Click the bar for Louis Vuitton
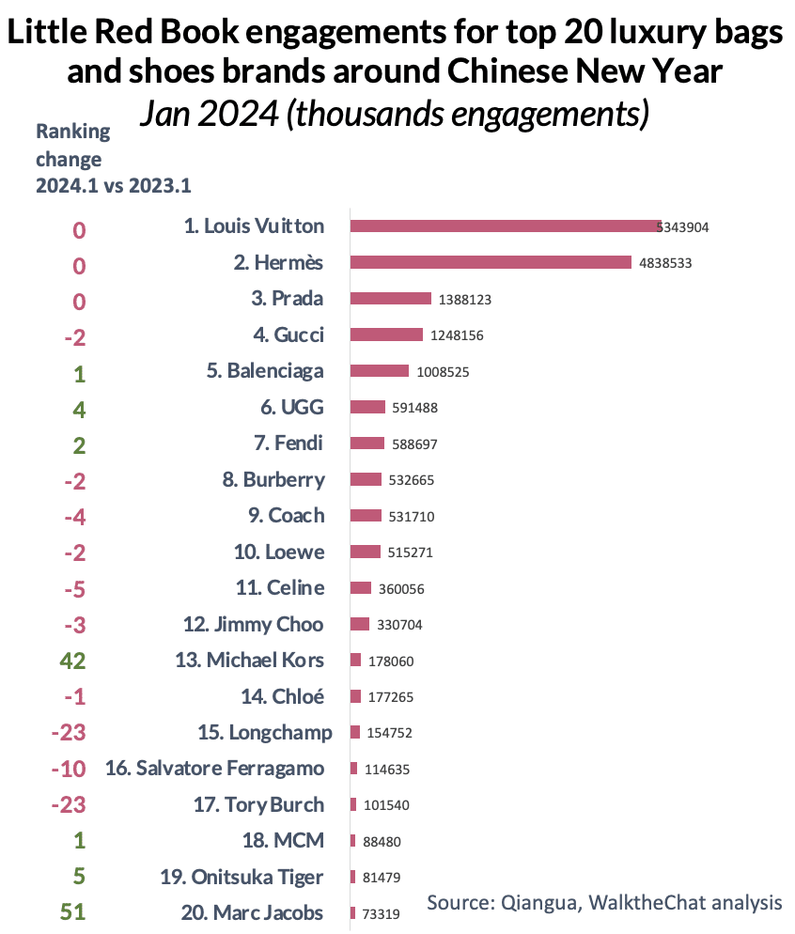pos(506,226)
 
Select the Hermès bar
pos(491,262)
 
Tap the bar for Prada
pos(390,299)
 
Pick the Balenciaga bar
pos(380,371)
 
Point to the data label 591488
pos(415,408)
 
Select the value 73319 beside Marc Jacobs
pos(381,913)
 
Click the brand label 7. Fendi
pos(286,443)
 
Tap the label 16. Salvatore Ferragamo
pos(215,769)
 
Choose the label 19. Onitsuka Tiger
pos(242,878)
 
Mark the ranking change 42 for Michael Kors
pos(73,661)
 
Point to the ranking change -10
pos(69,770)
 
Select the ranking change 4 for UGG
pos(79,409)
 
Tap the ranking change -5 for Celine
pos(74,589)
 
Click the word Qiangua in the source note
pos(538,902)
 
